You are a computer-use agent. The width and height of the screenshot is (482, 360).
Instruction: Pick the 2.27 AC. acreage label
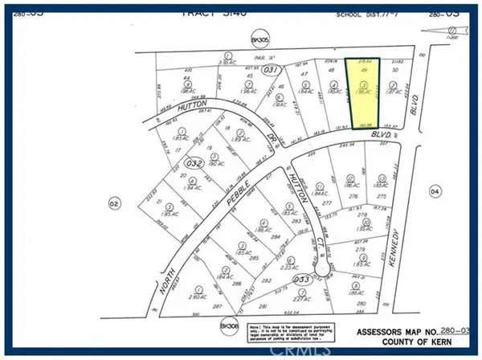(303, 299)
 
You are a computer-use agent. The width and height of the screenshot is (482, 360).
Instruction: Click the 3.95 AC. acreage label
(227, 61)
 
